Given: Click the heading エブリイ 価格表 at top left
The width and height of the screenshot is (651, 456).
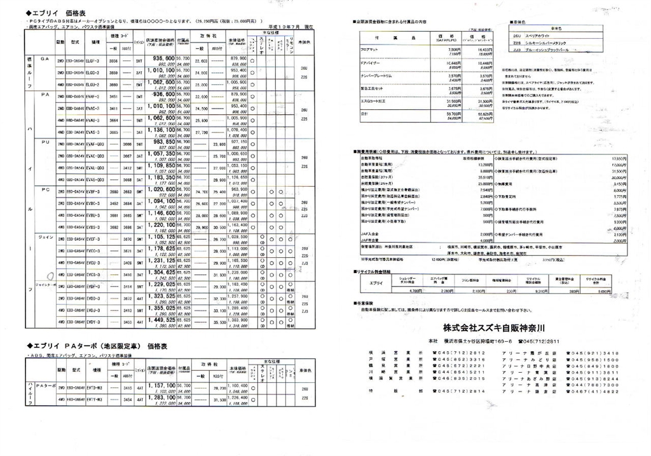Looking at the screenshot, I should [53, 12].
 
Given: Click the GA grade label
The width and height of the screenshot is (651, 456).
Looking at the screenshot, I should [45, 57].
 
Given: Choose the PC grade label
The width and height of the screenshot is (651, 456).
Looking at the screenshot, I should [45, 189].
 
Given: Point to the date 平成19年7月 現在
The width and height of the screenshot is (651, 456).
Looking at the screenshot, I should [291, 27].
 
